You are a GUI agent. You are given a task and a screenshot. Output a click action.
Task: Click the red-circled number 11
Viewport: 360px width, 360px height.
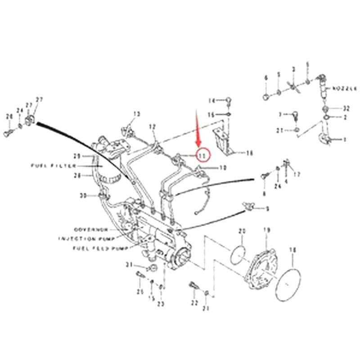coord(202,155)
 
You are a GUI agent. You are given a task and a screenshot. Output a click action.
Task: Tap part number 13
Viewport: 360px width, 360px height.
coord(137,114)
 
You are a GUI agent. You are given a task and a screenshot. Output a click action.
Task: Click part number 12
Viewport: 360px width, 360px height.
coord(152,126)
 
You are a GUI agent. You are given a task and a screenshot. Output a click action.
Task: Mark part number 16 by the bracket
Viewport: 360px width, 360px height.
coord(250,153)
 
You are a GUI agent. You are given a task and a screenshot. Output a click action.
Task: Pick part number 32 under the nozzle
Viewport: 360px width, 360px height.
coord(346,108)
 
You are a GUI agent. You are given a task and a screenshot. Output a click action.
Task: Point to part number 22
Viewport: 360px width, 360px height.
coord(195,303)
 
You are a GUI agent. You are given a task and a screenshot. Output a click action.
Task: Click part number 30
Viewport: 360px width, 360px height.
coord(82,195)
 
